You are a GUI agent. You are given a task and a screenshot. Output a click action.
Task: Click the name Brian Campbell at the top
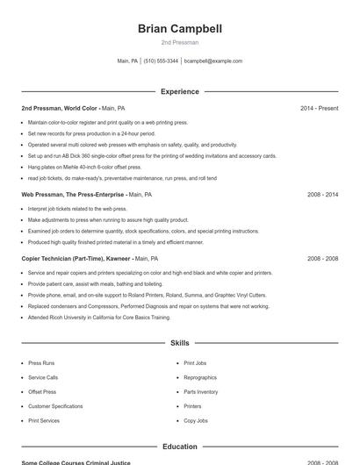[180, 28]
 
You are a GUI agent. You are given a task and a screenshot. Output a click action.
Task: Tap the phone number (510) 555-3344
[161, 61]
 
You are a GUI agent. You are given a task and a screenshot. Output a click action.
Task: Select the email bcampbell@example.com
[213, 61]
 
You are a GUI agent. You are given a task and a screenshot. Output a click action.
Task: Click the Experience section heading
[180, 91]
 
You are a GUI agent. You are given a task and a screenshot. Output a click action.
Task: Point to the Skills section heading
[180, 343]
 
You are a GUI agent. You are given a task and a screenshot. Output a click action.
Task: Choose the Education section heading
[180, 447]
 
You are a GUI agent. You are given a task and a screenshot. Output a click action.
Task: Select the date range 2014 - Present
[319, 108]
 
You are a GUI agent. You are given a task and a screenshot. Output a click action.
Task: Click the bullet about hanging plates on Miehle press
[84, 167]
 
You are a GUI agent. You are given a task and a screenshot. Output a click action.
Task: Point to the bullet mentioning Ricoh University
[98, 317]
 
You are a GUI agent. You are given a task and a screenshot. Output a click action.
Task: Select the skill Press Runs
[42, 362]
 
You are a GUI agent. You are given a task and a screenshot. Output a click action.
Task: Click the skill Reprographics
[200, 377]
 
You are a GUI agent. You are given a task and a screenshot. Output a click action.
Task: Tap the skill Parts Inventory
[201, 391]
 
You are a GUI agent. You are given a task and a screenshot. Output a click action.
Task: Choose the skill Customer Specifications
[55, 406]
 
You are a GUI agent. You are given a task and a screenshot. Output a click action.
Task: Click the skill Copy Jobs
[196, 421]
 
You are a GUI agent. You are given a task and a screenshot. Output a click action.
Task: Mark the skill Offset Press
[42, 391]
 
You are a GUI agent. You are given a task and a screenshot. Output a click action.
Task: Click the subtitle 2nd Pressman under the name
[180, 42]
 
